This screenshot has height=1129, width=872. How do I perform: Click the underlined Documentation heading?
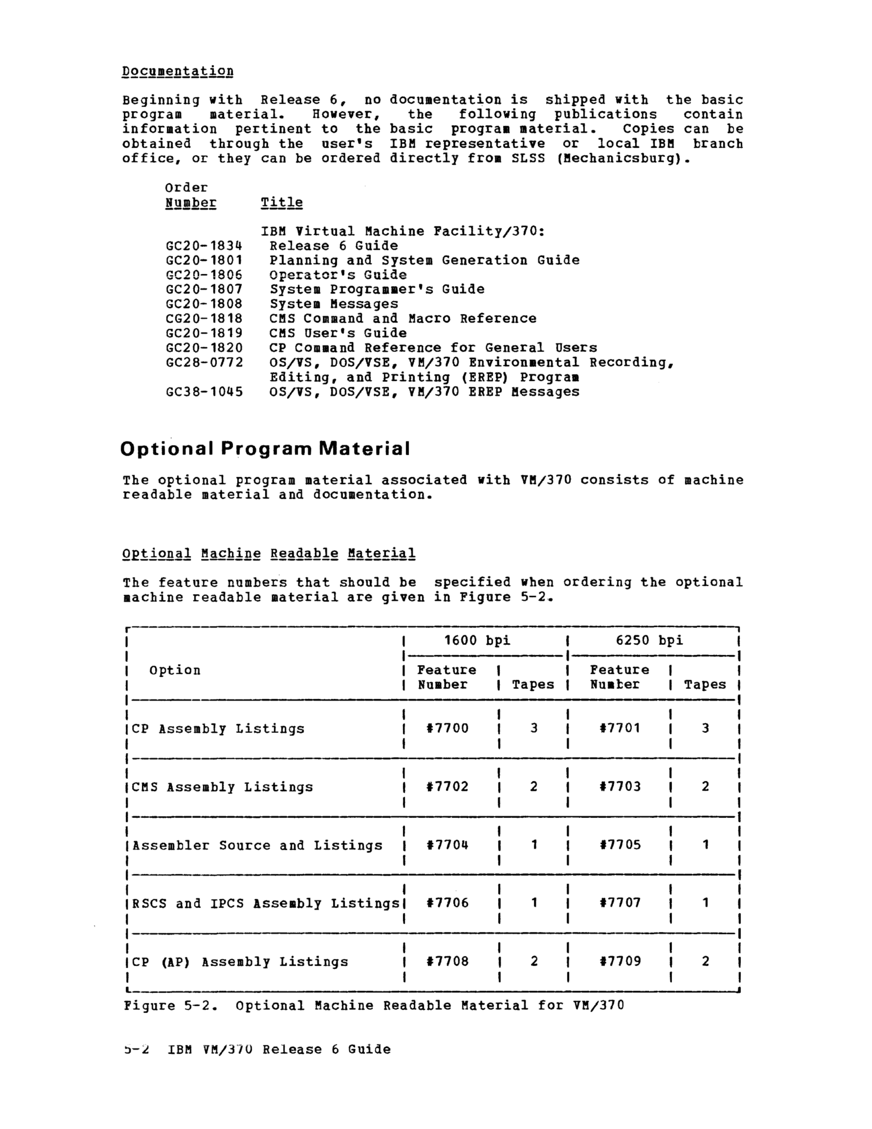pos(177,71)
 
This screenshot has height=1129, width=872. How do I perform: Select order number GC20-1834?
pos(204,245)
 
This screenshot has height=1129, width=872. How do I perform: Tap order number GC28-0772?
pos(204,362)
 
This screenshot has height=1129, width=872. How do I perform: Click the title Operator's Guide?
pos(338,274)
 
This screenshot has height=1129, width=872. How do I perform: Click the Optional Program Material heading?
pos(265,449)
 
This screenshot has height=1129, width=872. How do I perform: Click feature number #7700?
pos(448,729)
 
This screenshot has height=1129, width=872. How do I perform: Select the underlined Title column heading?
pos(282,202)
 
